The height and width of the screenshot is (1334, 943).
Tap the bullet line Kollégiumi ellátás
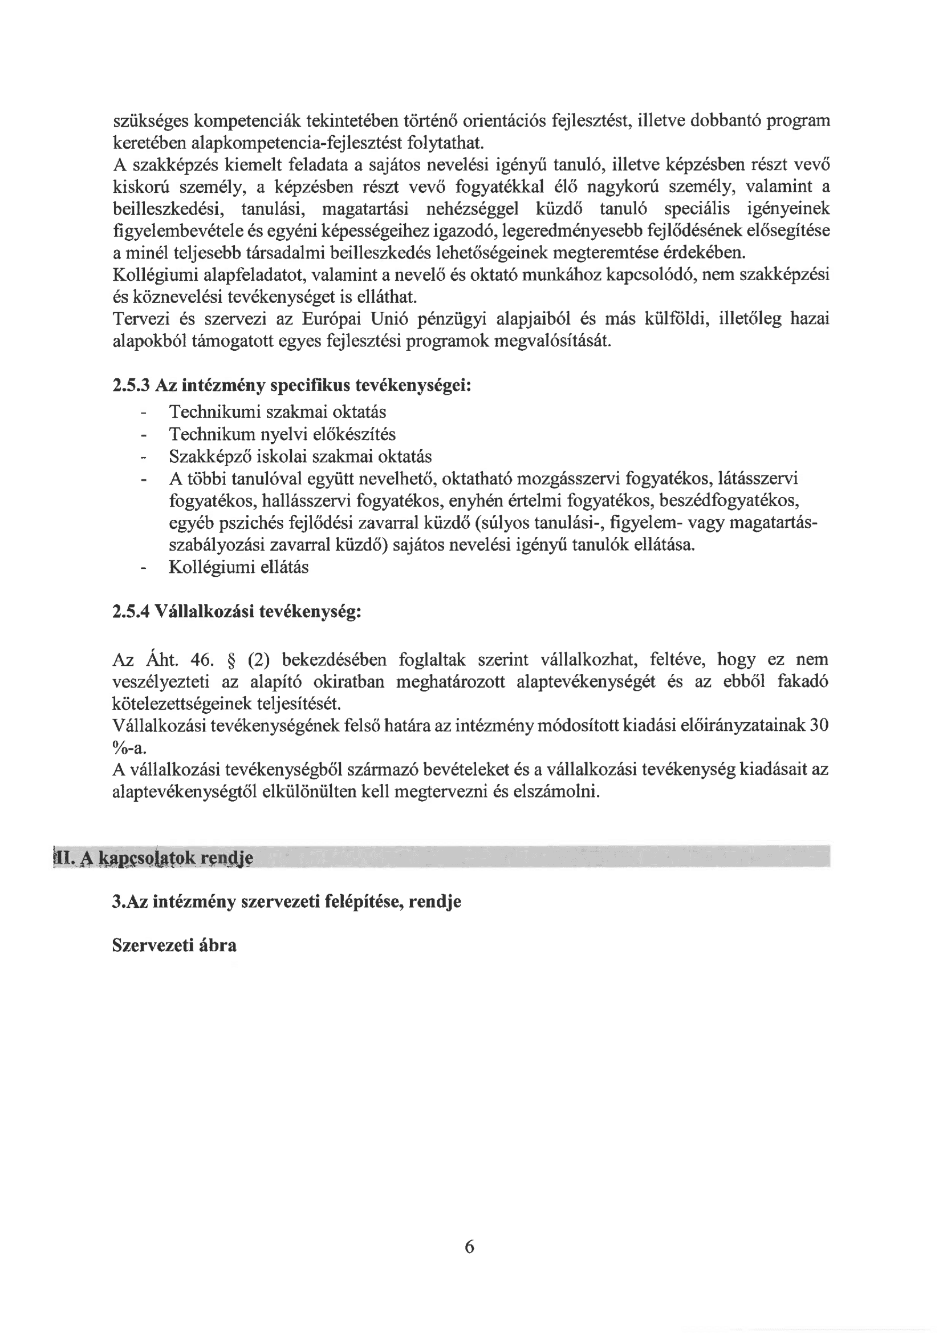(x=239, y=567)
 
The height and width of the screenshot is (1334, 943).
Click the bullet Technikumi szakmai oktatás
(x=278, y=412)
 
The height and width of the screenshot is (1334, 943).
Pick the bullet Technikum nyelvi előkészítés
(x=282, y=434)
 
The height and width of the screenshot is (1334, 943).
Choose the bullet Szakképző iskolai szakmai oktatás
(x=300, y=456)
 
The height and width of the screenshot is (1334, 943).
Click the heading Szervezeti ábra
(x=174, y=945)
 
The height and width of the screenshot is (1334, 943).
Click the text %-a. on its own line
(x=129, y=747)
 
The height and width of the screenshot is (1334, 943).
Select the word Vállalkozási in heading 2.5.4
(x=203, y=612)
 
